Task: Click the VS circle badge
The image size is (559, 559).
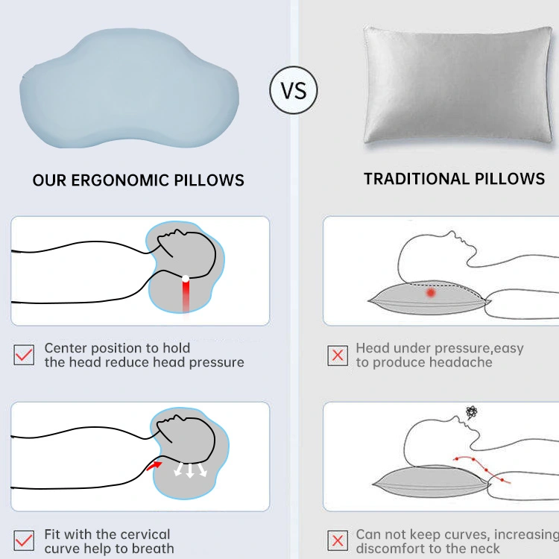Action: pos(293,91)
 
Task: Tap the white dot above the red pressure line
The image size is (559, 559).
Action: pos(185,279)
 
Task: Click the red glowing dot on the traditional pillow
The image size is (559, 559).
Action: pos(431,294)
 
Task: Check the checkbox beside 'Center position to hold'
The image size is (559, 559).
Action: pos(24,355)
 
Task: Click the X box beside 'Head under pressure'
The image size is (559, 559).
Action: pos(338,355)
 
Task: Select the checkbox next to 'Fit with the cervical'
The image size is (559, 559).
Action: pos(24,540)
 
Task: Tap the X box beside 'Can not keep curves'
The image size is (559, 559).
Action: pos(338,540)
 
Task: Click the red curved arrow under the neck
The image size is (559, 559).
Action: pos(154,467)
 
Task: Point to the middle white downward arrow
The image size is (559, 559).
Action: pos(190,470)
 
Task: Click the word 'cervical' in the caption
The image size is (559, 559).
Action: pos(145,534)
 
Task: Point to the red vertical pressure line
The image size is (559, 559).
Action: pos(185,297)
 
